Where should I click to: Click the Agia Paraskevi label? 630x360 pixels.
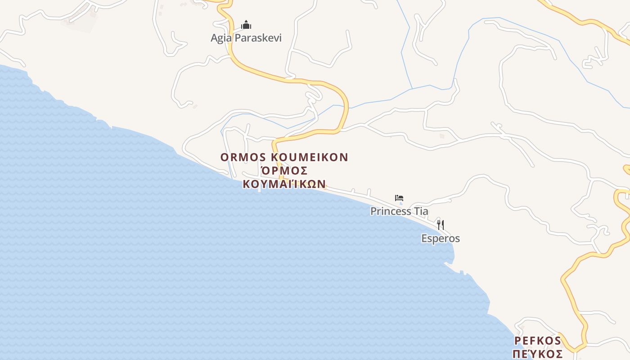pos(246,38)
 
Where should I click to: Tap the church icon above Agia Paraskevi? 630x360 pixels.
pos(246,25)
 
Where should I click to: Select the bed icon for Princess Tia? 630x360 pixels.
pos(399,198)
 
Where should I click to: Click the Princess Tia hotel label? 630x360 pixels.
pos(399,211)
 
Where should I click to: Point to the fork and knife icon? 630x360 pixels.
pos(441,225)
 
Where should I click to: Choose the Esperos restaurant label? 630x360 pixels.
pos(441,238)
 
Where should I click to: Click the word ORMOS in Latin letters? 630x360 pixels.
pos(243,157)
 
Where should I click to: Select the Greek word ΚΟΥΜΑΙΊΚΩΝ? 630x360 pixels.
pos(284,184)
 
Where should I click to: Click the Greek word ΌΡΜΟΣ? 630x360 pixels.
pos(284,171)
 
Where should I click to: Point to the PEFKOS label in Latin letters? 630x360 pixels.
pos(538,341)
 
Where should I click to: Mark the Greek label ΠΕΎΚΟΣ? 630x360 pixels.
pos(538,354)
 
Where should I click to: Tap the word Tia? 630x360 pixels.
pos(421,211)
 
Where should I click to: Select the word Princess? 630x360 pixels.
pos(391,211)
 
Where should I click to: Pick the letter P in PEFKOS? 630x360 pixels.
pos(517,341)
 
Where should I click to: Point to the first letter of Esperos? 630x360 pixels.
pos(424,238)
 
